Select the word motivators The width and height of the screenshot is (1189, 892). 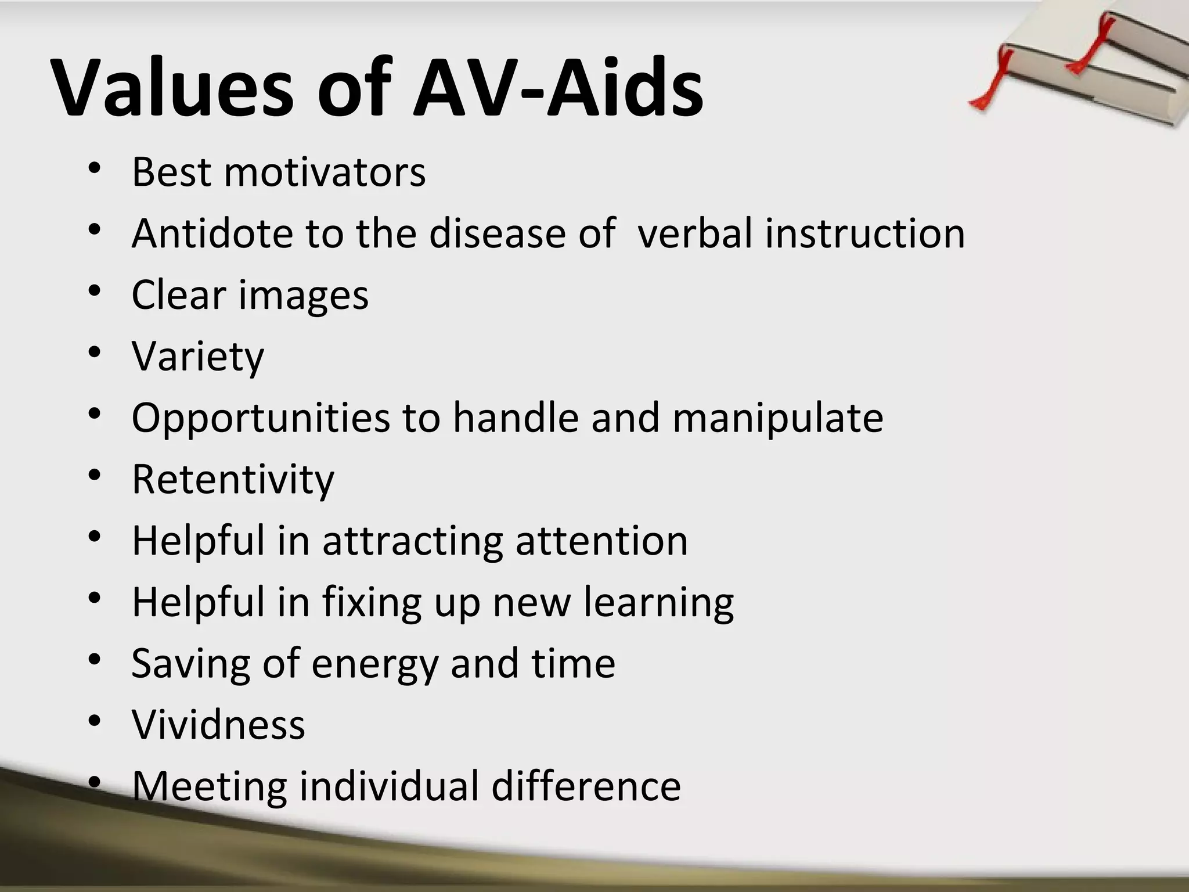325,172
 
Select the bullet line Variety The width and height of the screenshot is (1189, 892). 197,357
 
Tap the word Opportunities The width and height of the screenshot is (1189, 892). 261,418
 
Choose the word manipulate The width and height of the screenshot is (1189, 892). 777,418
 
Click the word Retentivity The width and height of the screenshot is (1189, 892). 233,480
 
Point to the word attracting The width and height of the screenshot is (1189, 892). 412,541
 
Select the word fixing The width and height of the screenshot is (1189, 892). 372,603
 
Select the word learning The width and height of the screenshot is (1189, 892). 658,603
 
